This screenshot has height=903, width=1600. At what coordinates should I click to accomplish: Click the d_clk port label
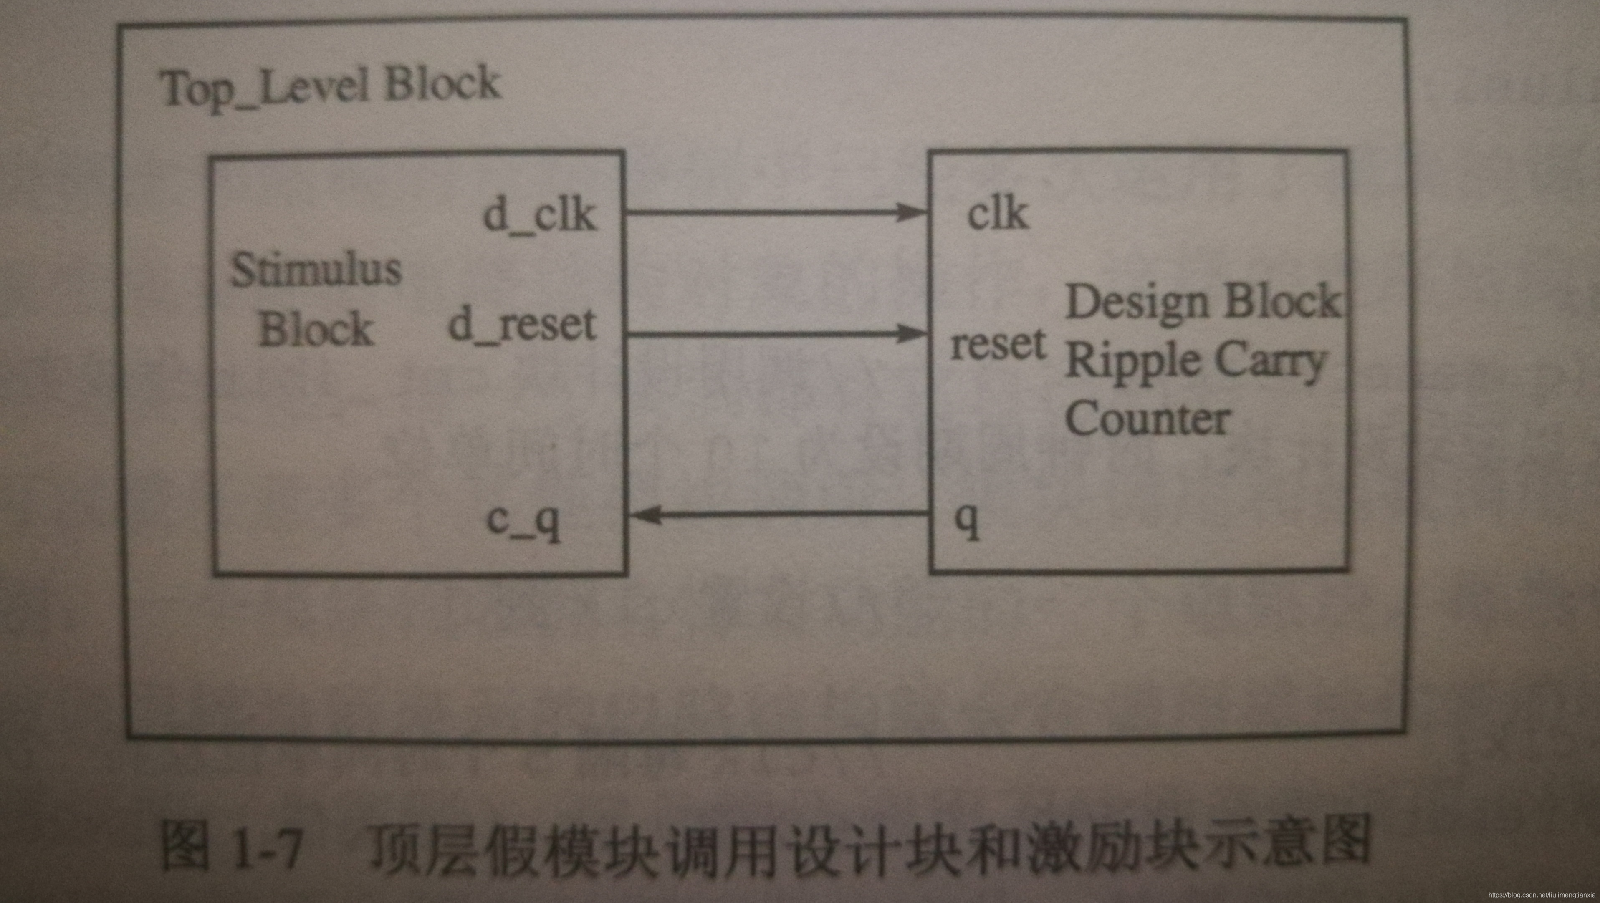[539, 217]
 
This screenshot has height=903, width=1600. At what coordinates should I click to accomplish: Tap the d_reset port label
[522, 325]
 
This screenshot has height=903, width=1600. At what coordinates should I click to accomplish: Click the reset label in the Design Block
[998, 345]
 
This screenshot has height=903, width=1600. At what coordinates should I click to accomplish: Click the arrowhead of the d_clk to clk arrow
[913, 213]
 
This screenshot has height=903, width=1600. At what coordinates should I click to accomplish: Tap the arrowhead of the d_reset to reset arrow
[913, 334]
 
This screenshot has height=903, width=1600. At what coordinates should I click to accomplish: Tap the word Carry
[1270, 362]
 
